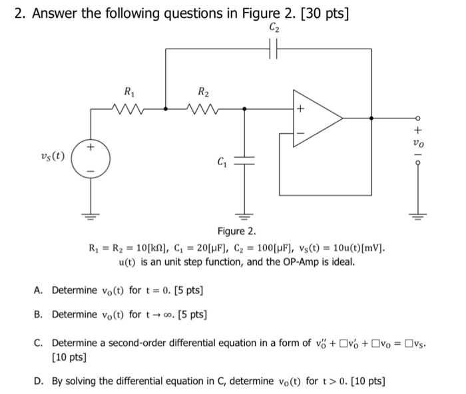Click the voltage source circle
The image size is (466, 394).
click(x=92, y=158)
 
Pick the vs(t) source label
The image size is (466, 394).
click(x=53, y=157)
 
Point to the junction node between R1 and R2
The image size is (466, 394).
click(x=166, y=107)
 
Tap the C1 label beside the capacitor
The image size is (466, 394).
click(x=220, y=162)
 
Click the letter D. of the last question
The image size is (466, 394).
click(x=39, y=381)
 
